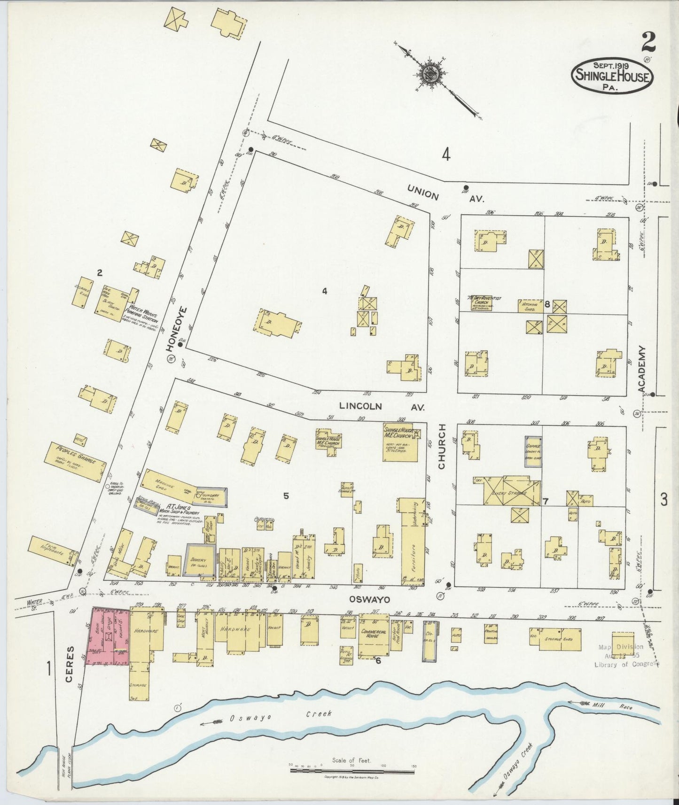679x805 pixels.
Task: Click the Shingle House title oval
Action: (x=612, y=76)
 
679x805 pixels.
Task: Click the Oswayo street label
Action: (x=363, y=599)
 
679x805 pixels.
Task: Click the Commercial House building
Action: (x=374, y=635)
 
